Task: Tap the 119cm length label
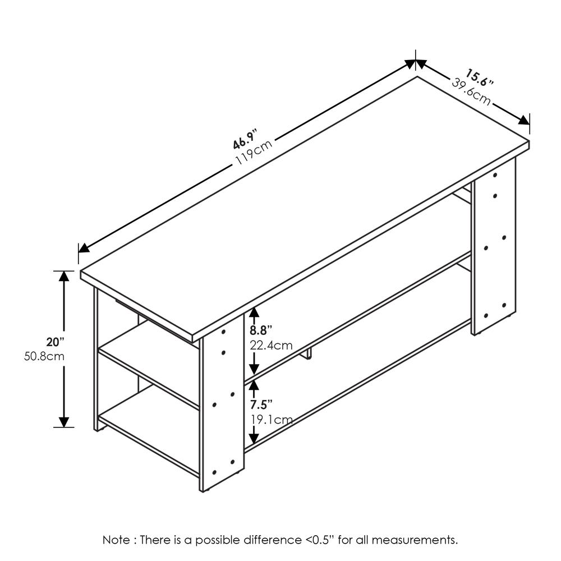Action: click(x=254, y=151)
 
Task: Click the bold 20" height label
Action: click(x=56, y=342)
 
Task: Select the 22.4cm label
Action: click(x=271, y=345)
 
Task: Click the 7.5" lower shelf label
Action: click(x=261, y=404)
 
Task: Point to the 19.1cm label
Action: click(x=271, y=419)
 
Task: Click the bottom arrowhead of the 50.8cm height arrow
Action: click(x=65, y=421)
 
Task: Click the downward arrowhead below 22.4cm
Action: click(x=254, y=369)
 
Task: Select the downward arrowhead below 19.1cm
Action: click(x=254, y=436)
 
